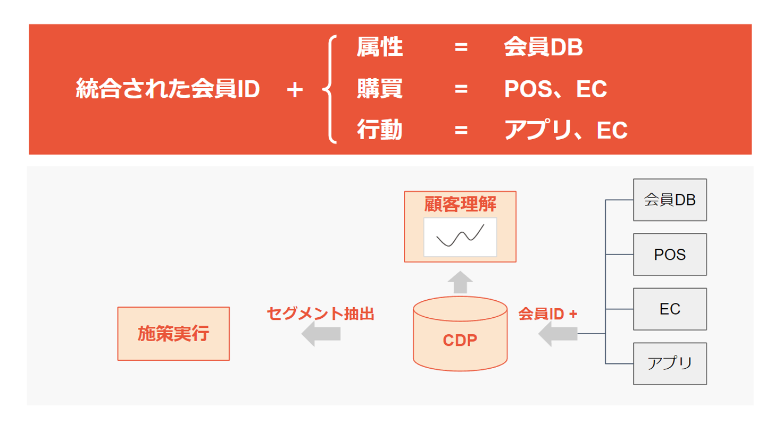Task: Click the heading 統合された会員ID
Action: pos(168,89)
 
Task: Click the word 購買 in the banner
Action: pos(379,89)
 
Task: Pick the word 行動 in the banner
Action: pos(379,130)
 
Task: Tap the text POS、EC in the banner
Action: pos(555,89)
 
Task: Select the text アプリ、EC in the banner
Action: pos(565,130)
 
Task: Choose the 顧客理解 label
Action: pos(460,204)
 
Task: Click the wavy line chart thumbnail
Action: pos(460,237)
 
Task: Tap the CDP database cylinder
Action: pos(460,335)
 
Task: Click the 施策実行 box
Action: pos(173,334)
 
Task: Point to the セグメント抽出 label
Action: pos(320,314)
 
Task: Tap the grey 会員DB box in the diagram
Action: pos(670,200)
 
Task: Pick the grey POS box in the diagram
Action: pos(670,255)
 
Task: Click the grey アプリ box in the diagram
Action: pos(670,364)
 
